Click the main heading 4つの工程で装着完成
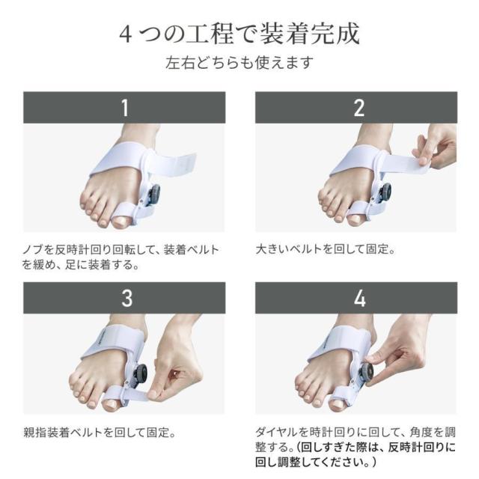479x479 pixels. (x=239, y=34)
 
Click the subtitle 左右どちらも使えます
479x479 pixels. (x=239, y=62)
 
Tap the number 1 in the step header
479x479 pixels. (x=124, y=108)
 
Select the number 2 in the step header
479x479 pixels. (x=359, y=108)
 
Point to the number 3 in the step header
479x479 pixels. (x=126, y=298)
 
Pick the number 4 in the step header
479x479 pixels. (x=359, y=298)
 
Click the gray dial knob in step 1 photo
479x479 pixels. (x=155, y=194)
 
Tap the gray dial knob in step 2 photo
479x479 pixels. (x=385, y=193)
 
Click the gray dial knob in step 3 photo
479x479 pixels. (x=141, y=373)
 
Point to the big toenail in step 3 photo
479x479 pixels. (x=111, y=406)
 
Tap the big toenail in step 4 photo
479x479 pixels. (x=339, y=404)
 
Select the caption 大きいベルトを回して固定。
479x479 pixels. (x=326, y=249)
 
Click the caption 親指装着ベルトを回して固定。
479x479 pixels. (x=100, y=433)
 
